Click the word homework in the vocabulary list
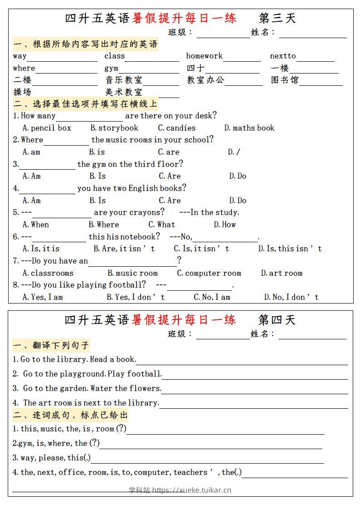pyautogui.click(x=204, y=56)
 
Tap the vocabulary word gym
pyautogui.click(x=111, y=69)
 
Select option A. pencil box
pyautogui.click(x=47, y=128)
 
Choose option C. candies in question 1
pyautogui.click(x=177, y=128)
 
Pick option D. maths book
pyautogui.click(x=249, y=128)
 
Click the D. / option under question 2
pyautogui.click(x=234, y=152)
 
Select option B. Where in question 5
pyautogui.click(x=104, y=225)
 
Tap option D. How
pyautogui.click(x=225, y=225)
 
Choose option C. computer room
pyautogui.click(x=209, y=273)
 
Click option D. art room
pyautogui.click(x=281, y=273)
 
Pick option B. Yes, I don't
pyautogui.click(x=135, y=297)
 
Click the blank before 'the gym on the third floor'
pyautogui.click(x=47, y=165)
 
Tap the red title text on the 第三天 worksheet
pyautogui.click(x=184, y=18)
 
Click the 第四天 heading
pyautogui.click(x=277, y=320)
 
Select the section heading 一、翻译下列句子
pyautogui.click(x=51, y=346)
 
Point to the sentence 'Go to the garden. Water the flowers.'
pyautogui.click(x=92, y=388)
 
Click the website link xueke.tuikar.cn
pyautogui.click(x=192, y=490)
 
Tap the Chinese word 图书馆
pyautogui.click(x=285, y=80)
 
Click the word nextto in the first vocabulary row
pyautogui.click(x=283, y=56)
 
